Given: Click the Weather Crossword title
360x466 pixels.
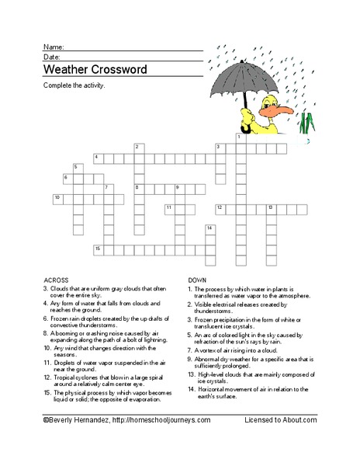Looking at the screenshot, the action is coord(95,69).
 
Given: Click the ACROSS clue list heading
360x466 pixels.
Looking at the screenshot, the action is coord(56,280).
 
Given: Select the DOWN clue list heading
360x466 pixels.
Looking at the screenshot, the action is coord(197,280).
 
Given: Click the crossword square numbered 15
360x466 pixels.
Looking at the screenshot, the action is coord(99,249).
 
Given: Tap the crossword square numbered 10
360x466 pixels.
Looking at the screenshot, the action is coord(58,199).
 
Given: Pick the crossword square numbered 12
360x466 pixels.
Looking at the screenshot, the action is coord(220,209).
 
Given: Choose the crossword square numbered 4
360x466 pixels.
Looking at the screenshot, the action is coord(98,158).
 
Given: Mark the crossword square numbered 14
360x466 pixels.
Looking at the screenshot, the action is coord(210,229).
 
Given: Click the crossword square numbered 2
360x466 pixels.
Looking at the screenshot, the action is coord(139,148).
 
